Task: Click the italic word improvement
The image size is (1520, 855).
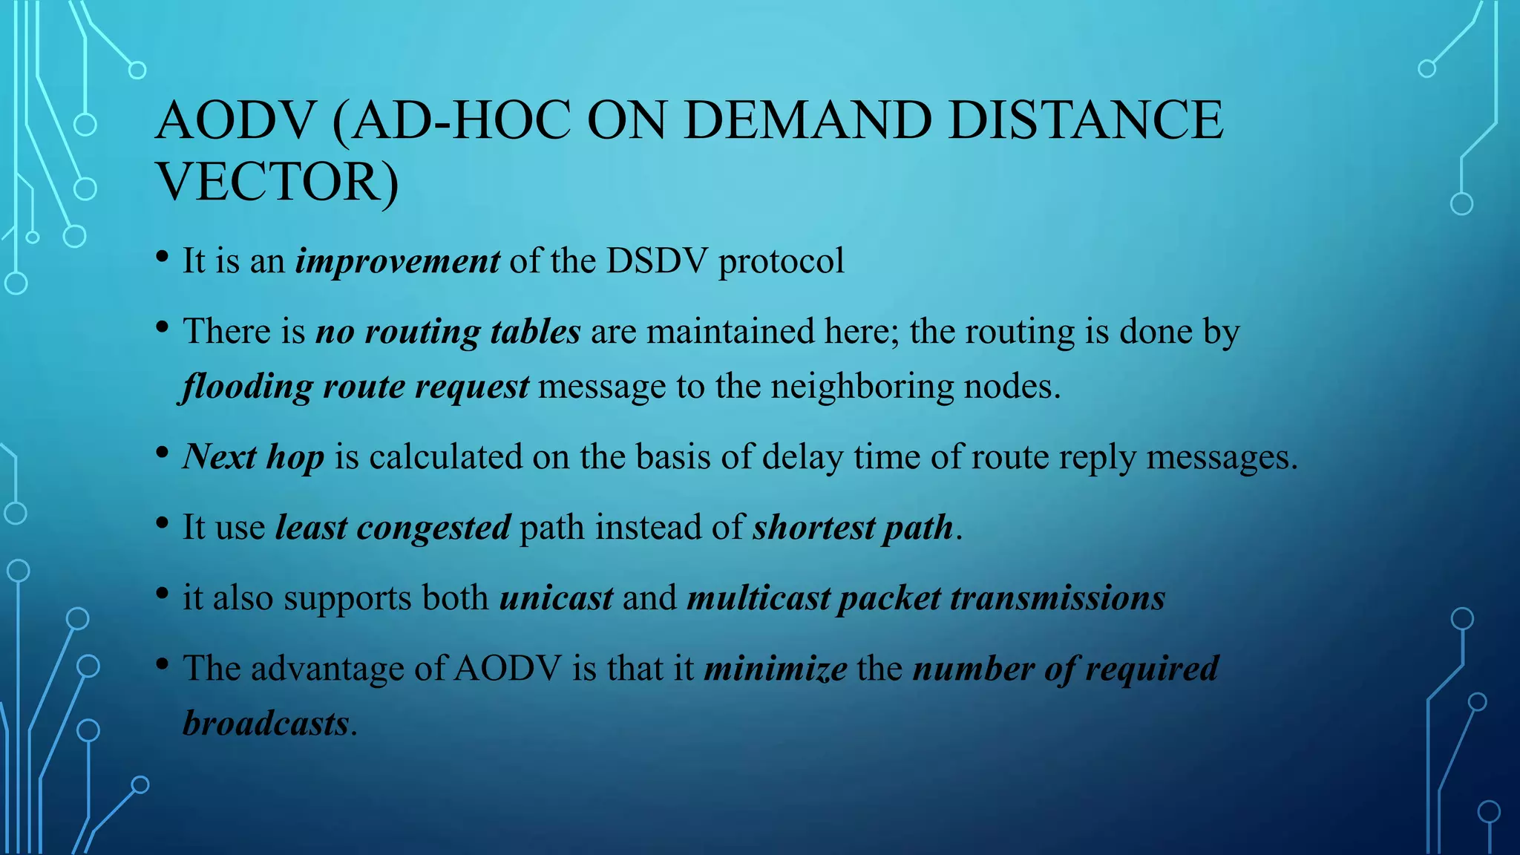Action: point(398,261)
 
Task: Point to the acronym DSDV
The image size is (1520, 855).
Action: point(657,261)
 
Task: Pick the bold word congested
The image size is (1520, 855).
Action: point(433,528)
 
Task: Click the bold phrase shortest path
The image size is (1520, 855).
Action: point(853,528)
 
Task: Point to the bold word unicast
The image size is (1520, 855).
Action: point(557,598)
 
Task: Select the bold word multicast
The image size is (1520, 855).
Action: point(759,598)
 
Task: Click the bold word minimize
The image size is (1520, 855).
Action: point(776,669)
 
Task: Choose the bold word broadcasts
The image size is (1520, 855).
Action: point(266,724)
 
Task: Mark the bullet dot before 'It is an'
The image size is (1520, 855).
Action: point(163,258)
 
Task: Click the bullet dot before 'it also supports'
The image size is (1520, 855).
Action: point(163,594)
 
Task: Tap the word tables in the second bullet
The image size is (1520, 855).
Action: point(535,332)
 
